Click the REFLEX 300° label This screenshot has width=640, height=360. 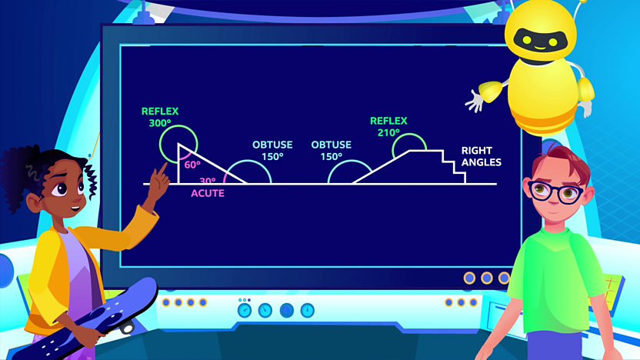click(x=160, y=117)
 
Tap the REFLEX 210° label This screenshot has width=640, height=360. click(x=388, y=126)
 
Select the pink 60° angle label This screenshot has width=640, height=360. click(x=192, y=165)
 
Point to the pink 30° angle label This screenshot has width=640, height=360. click(x=208, y=181)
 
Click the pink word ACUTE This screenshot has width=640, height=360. click(x=208, y=193)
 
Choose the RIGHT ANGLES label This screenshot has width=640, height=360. click(x=482, y=156)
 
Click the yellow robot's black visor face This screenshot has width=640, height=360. click(x=541, y=41)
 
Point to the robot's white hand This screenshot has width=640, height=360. click(x=475, y=102)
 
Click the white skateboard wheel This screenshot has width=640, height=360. click(x=128, y=328)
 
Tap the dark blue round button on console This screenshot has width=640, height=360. click(x=286, y=311)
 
